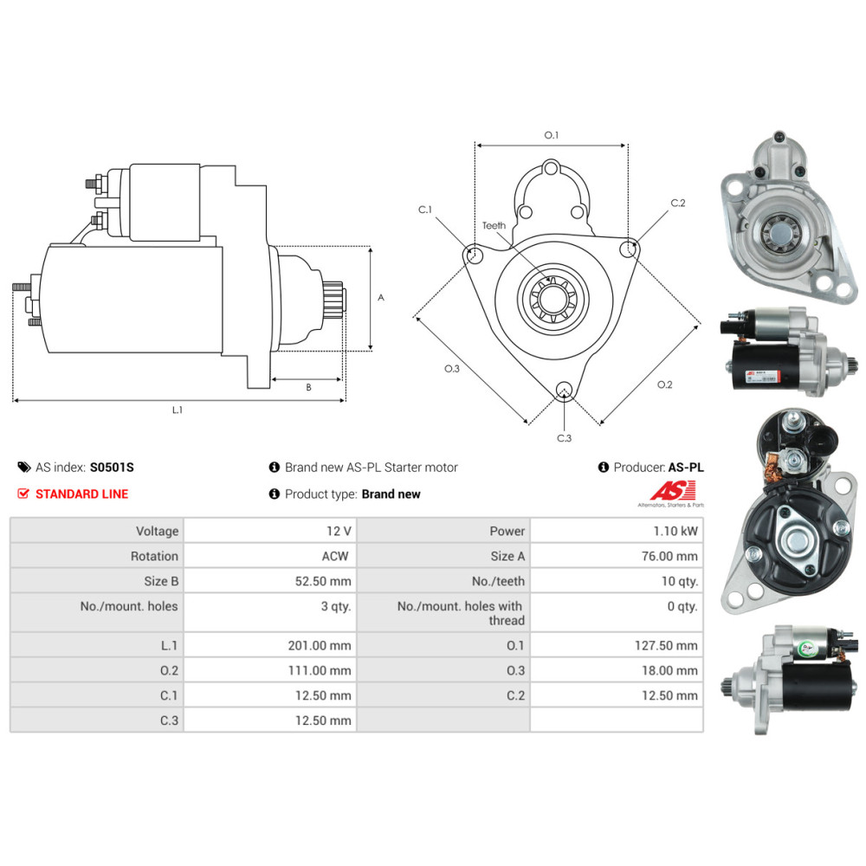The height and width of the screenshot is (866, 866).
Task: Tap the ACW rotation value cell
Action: click(335, 556)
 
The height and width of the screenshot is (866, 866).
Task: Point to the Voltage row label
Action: click(157, 531)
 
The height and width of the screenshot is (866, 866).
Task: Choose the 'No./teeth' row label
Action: click(498, 581)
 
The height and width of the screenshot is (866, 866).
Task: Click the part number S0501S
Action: click(112, 468)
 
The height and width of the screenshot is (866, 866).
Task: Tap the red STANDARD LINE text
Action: click(81, 494)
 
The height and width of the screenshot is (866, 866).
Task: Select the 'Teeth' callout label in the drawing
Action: click(494, 226)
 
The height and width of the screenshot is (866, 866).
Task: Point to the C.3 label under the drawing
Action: click(564, 438)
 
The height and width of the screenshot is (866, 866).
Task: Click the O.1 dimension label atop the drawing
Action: click(552, 135)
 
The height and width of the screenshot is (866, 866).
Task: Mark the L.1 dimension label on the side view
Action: click(177, 410)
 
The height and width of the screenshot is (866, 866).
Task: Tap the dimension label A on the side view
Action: click(381, 297)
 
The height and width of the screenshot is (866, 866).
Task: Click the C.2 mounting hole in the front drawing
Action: click(628, 249)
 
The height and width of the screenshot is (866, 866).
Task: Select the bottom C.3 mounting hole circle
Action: click(564, 389)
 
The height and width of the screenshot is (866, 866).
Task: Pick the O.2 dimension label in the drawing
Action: click(665, 385)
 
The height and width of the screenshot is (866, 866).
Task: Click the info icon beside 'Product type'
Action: click(275, 494)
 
